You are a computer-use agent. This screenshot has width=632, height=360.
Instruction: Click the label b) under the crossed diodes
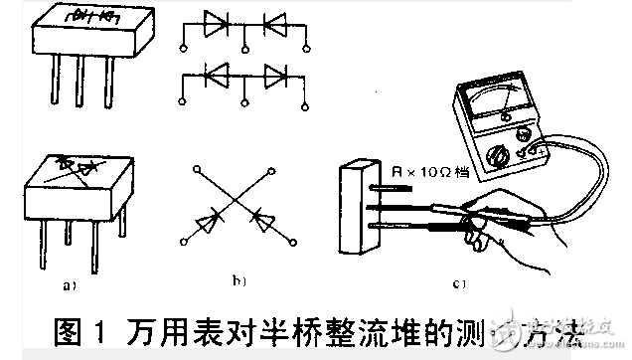[x=238, y=281]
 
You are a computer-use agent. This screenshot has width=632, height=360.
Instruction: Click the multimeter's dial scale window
[x=502, y=101]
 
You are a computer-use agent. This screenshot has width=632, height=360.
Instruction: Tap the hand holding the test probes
[x=497, y=224]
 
